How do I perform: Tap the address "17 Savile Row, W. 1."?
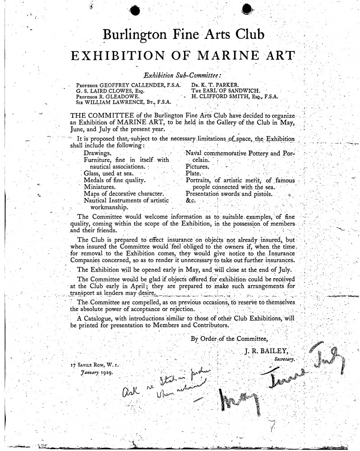(x=96, y=364)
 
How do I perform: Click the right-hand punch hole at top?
(x=248, y=9)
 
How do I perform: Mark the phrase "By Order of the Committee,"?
(x=230, y=338)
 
